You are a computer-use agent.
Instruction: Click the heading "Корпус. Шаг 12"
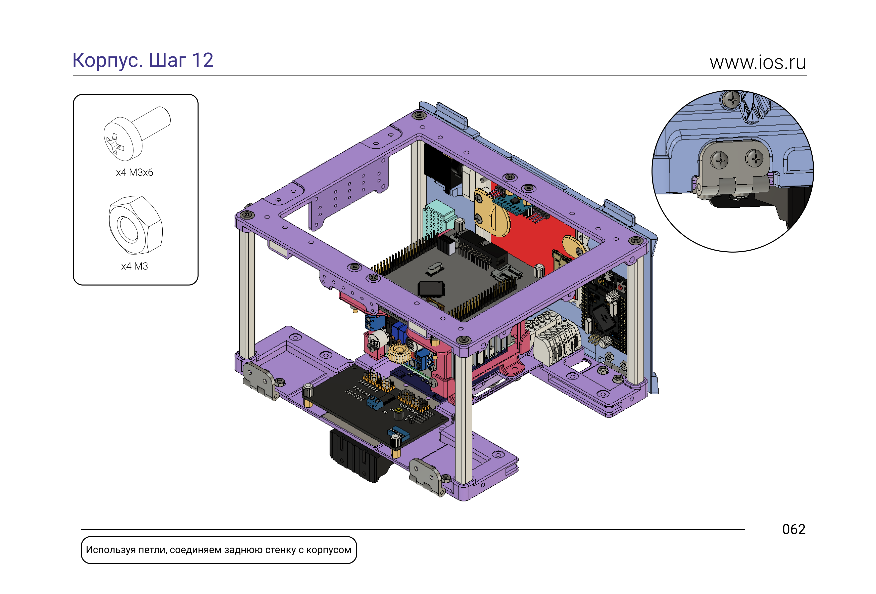coord(143,60)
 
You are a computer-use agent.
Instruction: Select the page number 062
coord(794,530)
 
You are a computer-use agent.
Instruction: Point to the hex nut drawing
coord(136,225)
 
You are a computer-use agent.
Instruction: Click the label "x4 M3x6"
coord(134,173)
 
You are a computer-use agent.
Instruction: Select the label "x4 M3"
coord(134,266)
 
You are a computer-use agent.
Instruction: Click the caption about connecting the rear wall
coord(219,550)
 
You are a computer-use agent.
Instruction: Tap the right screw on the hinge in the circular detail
coord(754,158)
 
